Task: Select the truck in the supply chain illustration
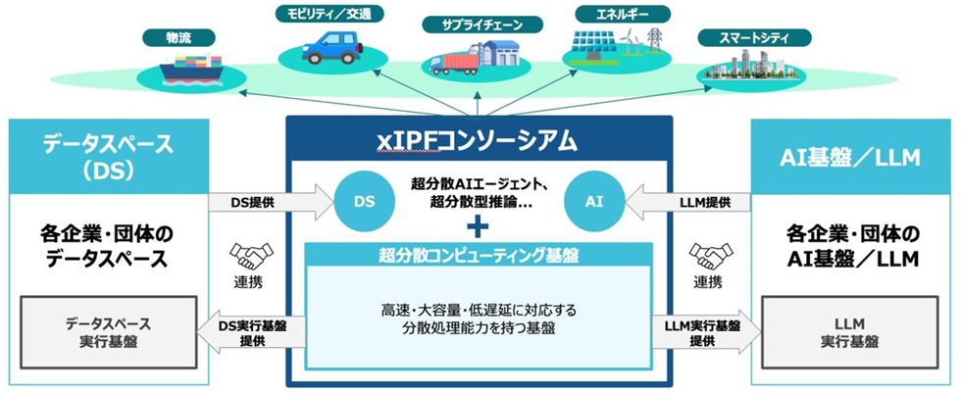(x=452, y=63)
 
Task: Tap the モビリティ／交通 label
(x=328, y=14)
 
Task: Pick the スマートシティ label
(x=755, y=38)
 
